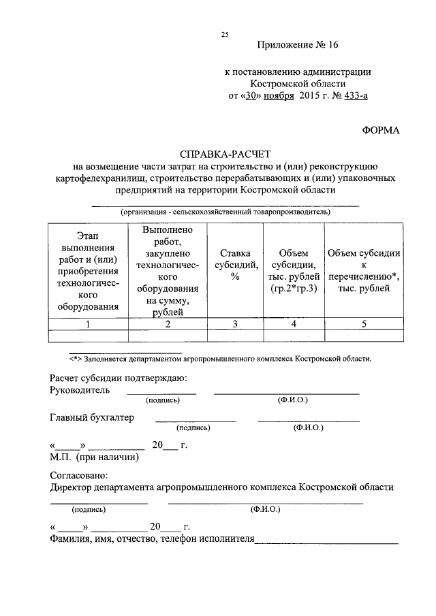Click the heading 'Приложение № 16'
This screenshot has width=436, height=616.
click(x=298, y=46)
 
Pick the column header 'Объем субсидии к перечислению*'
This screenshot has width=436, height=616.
click(x=364, y=270)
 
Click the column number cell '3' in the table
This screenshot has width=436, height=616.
click(x=234, y=324)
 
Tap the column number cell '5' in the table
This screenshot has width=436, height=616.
click(x=364, y=324)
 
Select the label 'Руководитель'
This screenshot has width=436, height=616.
click(x=79, y=390)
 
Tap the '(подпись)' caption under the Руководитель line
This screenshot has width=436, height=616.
click(x=161, y=401)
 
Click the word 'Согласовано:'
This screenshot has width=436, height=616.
click(x=79, y=474)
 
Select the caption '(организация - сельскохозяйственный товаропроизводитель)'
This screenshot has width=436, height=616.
click(x=225, y=212)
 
